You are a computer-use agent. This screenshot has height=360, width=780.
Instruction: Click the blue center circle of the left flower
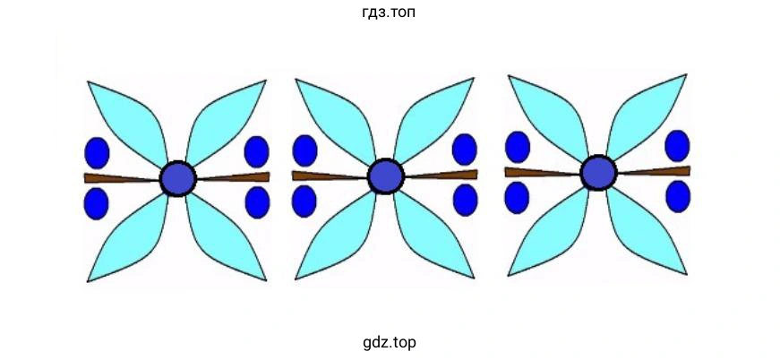coord(177,178)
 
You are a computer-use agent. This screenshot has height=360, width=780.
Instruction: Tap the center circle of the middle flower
coord(385,176)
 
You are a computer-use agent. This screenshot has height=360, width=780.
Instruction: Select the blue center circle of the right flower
coord(597,172)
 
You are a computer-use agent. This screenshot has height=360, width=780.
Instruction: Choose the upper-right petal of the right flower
coord(646,114)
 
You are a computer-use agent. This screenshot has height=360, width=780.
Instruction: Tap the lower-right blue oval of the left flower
coord(257,201)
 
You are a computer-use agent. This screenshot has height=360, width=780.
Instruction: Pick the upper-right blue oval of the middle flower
coord(464,149)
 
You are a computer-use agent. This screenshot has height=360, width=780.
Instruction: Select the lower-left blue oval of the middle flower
coord(304,201)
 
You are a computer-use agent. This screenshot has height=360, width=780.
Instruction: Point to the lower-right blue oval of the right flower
coord(678,196)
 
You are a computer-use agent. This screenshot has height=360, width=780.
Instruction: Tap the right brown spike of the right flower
coord(658,170)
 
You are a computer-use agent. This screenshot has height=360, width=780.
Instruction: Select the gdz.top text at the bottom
coord(390,342)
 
